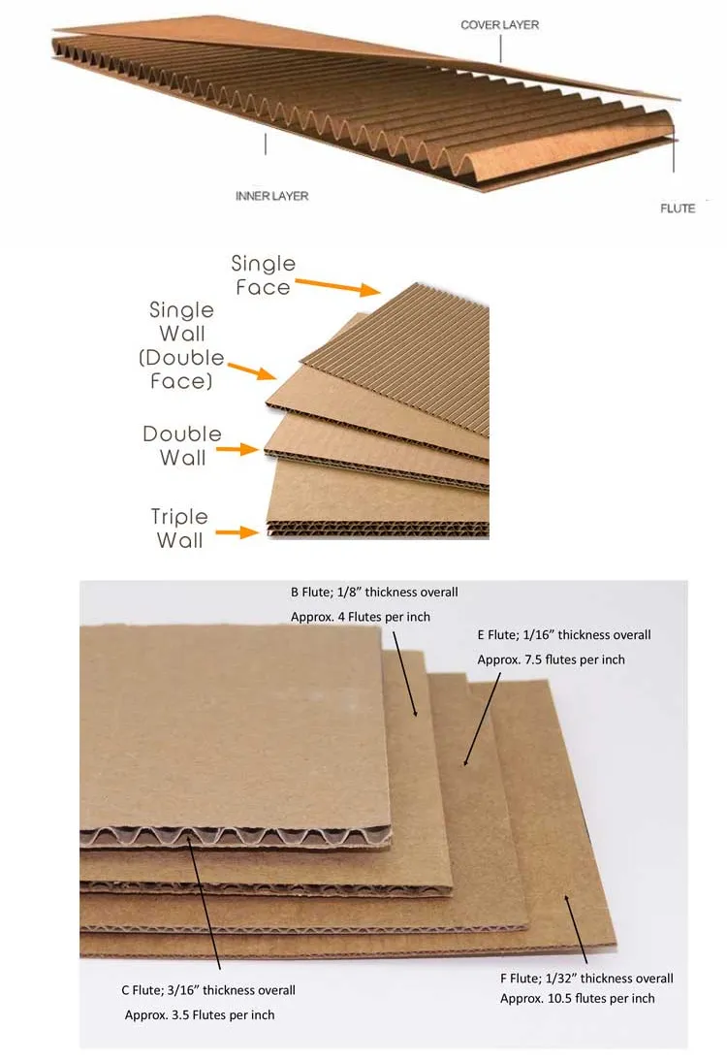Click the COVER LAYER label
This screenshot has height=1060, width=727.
click(499, 24)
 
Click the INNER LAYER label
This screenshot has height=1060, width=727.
click(271, 196)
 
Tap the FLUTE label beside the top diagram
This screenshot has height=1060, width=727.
click(678, 209)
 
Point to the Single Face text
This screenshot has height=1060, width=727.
click(262, 275)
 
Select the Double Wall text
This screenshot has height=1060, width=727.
click(182, 445)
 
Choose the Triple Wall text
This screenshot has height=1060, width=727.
click(179, 529)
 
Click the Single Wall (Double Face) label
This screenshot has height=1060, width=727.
click(181, 345)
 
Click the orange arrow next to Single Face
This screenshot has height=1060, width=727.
click(336, 285)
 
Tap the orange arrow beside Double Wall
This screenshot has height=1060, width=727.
click(238, 449)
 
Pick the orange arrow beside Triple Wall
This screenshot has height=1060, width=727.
click(239, 532)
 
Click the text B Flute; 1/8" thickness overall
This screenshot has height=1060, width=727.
click(374, 592)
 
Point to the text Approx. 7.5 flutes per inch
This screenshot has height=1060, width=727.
click(551, 659)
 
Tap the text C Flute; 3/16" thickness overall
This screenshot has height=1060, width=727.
click(208, 990)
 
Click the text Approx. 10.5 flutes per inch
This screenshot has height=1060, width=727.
click(577, 998)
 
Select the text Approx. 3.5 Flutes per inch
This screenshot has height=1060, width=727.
click(200, 1014)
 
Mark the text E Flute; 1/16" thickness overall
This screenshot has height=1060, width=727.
click(564, 635)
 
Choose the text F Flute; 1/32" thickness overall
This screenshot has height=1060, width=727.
click(586, 978)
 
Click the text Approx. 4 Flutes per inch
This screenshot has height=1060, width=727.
click(361, 617)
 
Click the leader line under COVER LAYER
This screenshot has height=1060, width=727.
click(501, 48)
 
